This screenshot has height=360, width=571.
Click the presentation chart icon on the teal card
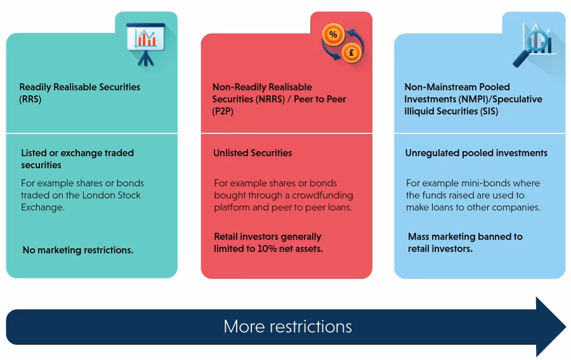tap(146, 39)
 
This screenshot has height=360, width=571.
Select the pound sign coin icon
tap(350, 53)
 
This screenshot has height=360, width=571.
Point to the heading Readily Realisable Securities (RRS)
tap(79, 93)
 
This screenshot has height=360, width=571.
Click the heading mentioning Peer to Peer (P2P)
tap(279, 99)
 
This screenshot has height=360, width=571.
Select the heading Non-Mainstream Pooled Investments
tap(473, 99)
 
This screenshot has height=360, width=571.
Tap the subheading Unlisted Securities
tap(253, 153)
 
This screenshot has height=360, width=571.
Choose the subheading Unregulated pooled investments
tap(476, 153)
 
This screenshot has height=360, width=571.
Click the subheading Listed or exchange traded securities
tap(77, 159)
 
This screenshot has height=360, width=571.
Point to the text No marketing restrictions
tap(78, 250)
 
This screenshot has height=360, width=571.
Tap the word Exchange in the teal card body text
tap(43, 208)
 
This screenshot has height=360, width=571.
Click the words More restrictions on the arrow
tap(287, 327)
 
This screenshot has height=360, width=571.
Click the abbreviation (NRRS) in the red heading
tap(275, 99)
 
